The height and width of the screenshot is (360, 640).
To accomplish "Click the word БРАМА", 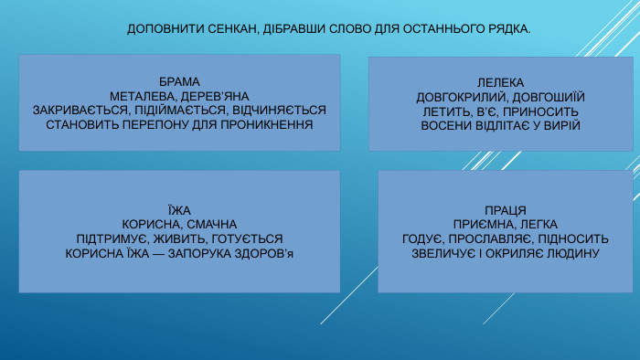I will (179, 81).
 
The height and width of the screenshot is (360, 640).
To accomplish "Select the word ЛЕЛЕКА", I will (500, 82).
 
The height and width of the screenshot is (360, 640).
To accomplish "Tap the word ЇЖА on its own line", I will (179, 209).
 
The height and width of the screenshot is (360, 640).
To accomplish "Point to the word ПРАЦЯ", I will (505, 210).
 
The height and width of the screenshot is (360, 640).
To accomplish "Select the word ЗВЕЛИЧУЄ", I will (446, 252).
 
